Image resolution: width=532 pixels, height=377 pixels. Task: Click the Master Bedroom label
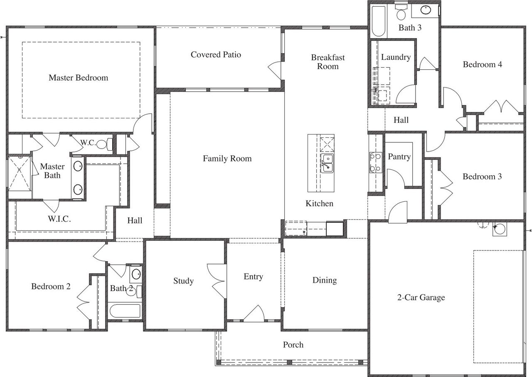78,78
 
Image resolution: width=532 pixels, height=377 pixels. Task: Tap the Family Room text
227,158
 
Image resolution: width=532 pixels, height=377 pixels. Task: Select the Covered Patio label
216,55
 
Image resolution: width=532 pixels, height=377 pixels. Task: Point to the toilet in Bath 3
401,14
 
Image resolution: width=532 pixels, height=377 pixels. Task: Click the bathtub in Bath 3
378,21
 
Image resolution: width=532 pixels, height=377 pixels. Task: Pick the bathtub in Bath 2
125,311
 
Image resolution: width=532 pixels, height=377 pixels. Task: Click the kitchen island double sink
326,163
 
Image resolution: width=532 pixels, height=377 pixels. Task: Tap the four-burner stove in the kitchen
375,162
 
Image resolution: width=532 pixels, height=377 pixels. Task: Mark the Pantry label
399,157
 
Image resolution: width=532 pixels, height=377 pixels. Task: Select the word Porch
293,345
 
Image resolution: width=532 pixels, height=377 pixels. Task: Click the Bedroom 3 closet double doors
445,188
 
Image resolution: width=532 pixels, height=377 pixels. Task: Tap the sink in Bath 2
136,274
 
